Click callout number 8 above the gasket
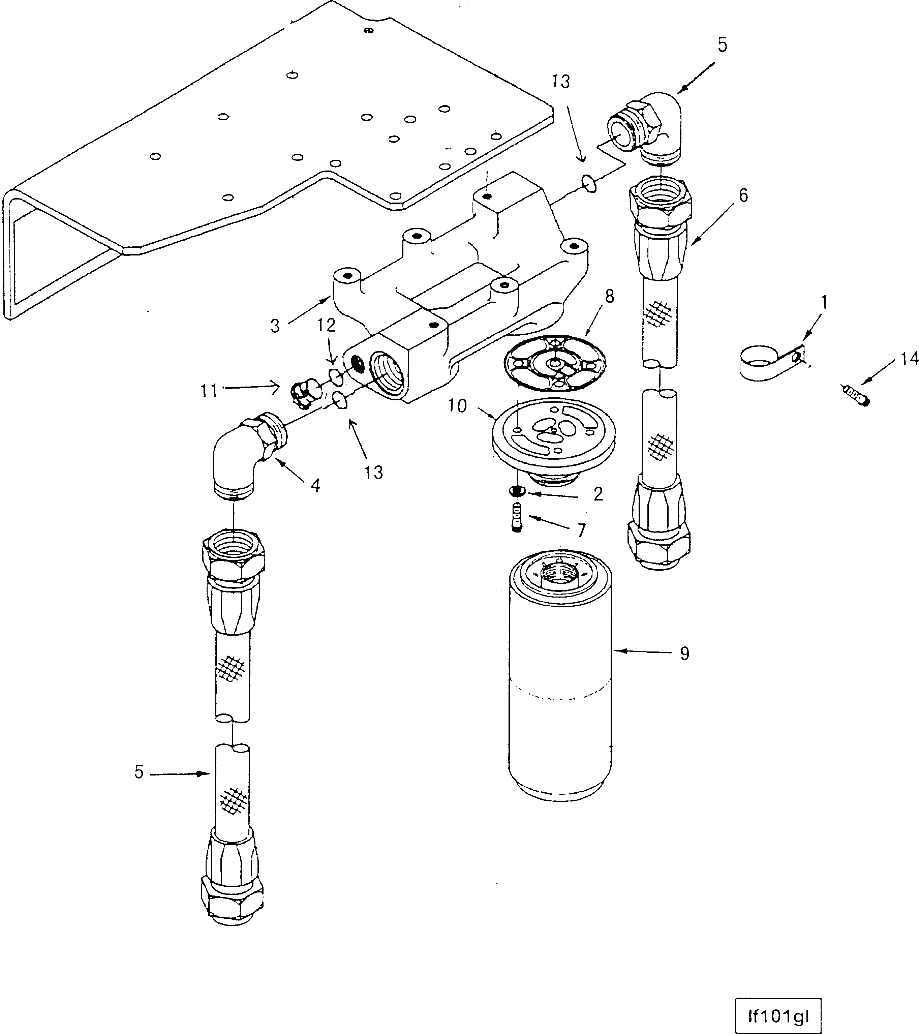(609, 297)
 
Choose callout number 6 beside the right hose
(743, 196)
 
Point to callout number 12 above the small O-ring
(326, 325)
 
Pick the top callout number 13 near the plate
(560, 82)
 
